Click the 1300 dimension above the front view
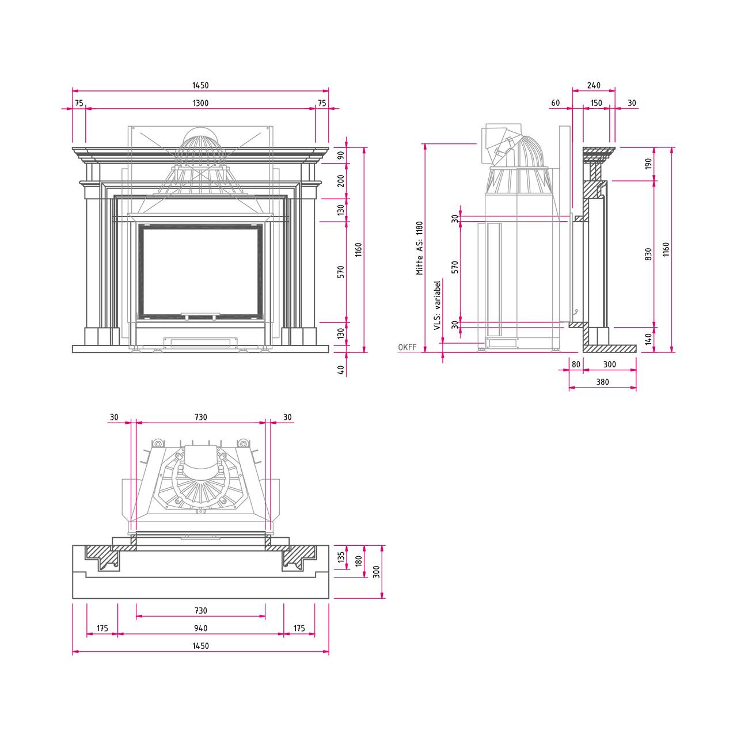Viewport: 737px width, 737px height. [200, 103]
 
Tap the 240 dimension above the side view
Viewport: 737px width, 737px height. [593, 85]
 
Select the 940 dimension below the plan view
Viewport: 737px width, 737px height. [200, 628]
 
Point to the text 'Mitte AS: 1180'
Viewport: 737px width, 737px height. [420, 248]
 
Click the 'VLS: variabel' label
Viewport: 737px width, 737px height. [438, 305]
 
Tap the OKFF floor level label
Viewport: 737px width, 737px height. [407, 347]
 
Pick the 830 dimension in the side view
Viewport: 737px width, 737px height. [648, 254]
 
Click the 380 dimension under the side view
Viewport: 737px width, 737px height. [602, 382]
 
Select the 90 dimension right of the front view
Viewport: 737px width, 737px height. [341, 155]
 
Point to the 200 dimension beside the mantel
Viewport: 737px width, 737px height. [341, 181]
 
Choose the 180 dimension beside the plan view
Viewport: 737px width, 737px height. [359, 561]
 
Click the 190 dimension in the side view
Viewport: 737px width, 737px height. [648, 164]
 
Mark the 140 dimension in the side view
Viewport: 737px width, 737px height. [648, 339]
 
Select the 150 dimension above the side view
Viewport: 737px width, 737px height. [596, 103]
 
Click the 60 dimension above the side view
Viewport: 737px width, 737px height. [555, 103]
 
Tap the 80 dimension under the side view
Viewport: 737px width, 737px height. [576, 364]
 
